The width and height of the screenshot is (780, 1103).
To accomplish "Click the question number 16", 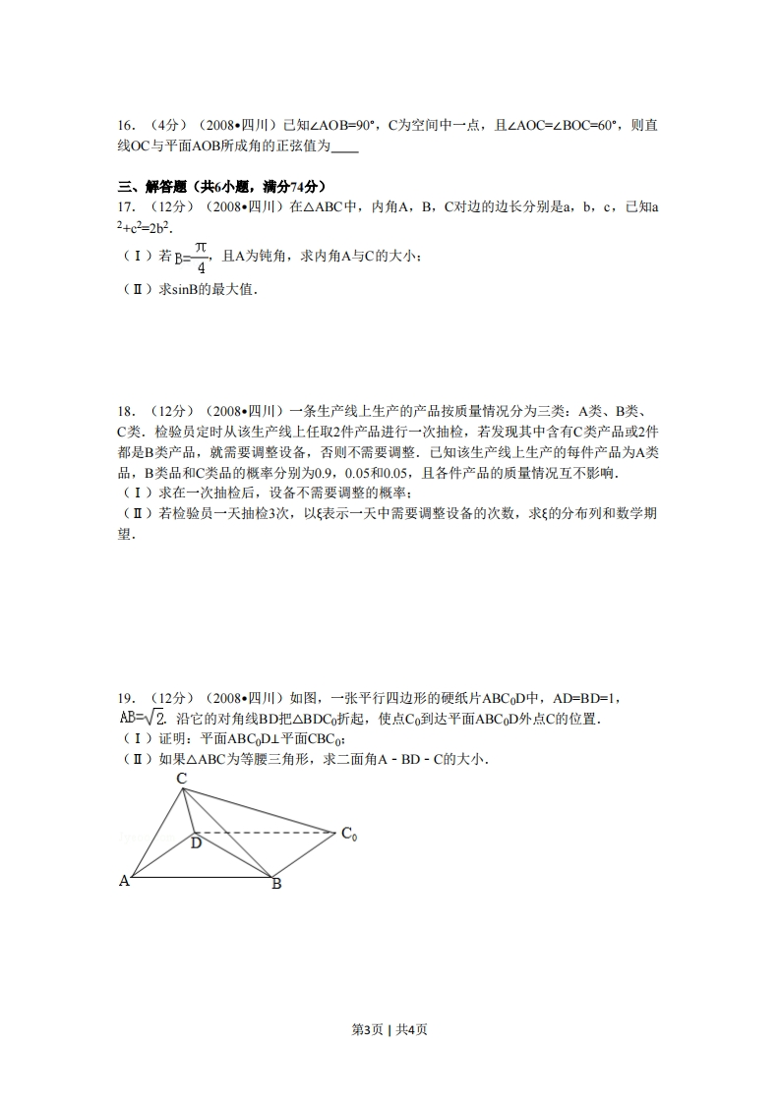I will click(x=125, y=126).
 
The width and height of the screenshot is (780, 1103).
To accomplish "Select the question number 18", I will click(x=125, y=412).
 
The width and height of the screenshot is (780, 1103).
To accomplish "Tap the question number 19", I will click(x=125, y=699).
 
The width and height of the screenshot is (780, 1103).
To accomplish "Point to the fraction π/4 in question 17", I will click(x=200, y=257).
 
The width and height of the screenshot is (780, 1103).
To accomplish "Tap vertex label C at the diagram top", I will click(x=182, y=779).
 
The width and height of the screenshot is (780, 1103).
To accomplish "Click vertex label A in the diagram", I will click(x=124, y=881).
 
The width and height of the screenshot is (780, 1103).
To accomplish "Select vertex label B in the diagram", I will click(x=277, y=884).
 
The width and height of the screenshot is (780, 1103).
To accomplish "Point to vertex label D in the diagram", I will click(x=196, y=842).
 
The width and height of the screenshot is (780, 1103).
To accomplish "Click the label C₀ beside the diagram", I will click(x=349, y=835).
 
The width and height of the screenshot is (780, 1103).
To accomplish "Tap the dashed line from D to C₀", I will click(x=266, y=832).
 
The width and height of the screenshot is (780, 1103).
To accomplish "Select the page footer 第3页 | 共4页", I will click(x=390, y=1029).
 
